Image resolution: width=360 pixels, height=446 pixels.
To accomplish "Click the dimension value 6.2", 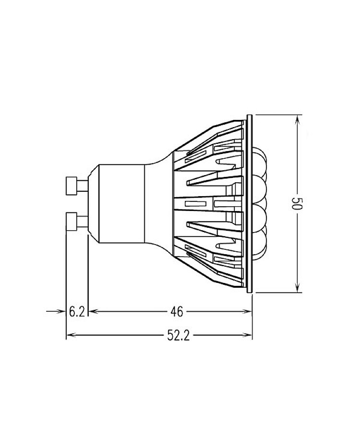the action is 77,312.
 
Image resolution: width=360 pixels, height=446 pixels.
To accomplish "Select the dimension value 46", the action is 177,312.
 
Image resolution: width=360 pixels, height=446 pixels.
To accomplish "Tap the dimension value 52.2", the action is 179,336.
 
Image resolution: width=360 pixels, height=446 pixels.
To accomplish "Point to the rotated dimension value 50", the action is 298,203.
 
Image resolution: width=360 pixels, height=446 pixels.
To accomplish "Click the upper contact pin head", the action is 71,186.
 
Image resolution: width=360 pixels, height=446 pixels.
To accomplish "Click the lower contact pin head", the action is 71,221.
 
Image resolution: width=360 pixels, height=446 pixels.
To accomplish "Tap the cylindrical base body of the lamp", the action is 121,203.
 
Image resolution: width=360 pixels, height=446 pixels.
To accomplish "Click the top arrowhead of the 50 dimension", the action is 298,118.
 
